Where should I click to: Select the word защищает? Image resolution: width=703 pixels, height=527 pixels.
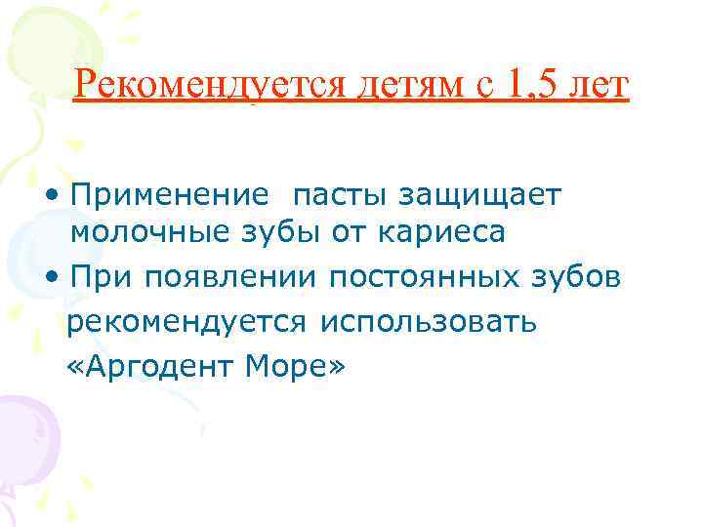[x=492, y=195]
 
